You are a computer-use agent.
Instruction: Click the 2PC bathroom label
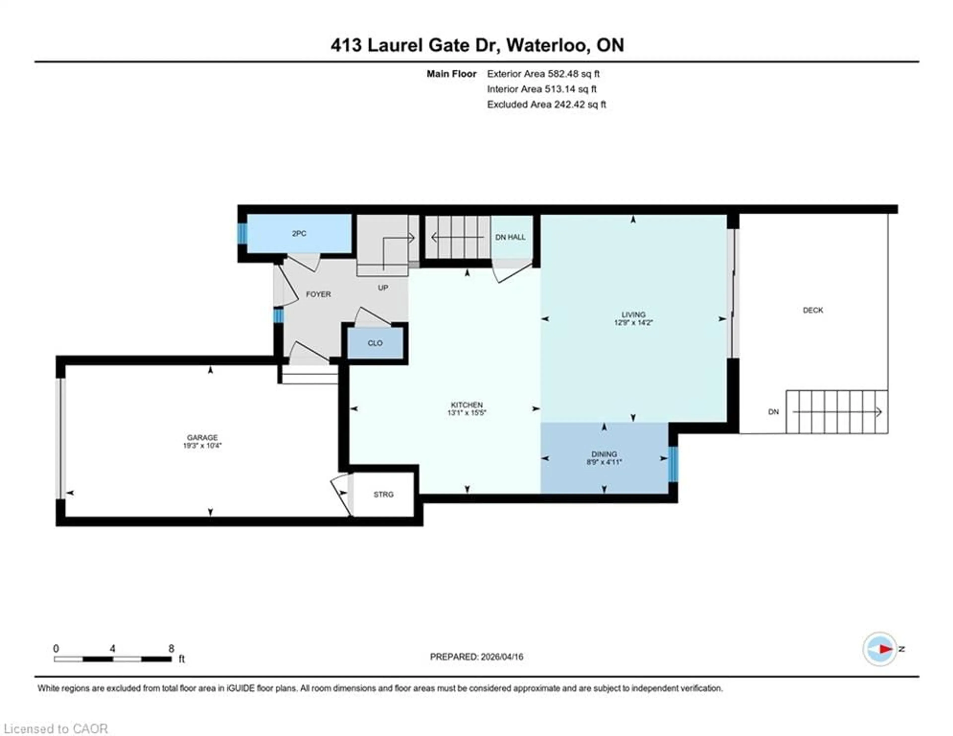(x=299, y=234)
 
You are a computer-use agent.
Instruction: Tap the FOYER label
(x=318, y=294)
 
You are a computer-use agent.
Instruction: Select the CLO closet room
(x=375, y=343)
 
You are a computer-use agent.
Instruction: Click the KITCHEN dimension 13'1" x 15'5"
(x=467, y=412)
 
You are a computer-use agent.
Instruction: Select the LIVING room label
(x=633, y=314)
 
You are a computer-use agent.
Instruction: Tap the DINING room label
(x=604, y=454)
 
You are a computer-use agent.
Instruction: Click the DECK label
(x=813, y=310)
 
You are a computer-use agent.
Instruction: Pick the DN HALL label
(x=510, y=237)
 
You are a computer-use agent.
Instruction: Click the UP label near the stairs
(x=383, y=288)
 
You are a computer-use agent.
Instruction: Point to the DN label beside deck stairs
(x=773, y=412)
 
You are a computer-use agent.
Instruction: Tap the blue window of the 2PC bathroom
(x=242, y=234)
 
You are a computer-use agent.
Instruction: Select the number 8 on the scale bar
(x=171, y=648)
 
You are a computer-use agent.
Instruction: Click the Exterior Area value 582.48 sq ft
(x=573, y=74)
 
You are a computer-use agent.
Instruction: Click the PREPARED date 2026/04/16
(x=501, y=657)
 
